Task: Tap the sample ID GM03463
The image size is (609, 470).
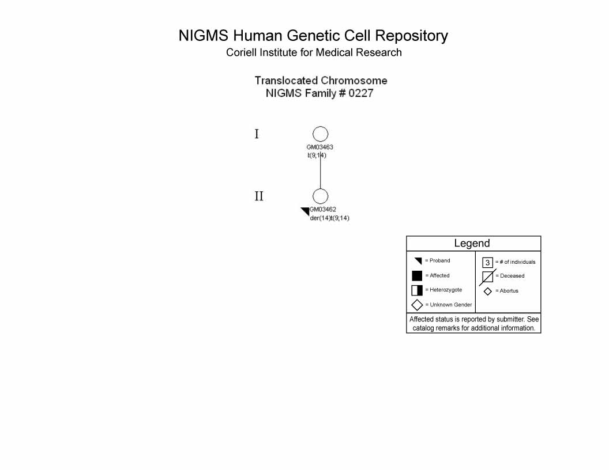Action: click(x=319, y=147)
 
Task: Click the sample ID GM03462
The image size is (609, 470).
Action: click(x=323, y=209)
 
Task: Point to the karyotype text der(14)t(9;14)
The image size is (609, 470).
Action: click(x=330, y=218)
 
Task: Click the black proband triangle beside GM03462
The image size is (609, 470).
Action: click(x=306, y=211)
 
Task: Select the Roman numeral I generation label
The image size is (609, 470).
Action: click(x=257, y=134)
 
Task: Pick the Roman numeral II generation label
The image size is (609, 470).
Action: click(x=259, y=196)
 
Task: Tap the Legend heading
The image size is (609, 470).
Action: click(x=472, y=243)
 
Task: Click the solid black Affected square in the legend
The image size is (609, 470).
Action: click(x=417, y=276)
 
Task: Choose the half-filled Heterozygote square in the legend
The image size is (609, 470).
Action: click(x=417, y=290)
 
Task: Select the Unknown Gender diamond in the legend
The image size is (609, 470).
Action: click(x=417, y=305)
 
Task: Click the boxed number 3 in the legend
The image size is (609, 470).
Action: click(x=487, y=263)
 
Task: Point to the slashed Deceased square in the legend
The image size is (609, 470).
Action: click(x=487, y=277)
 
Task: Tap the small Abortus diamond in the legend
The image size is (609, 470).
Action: click(x=488, y=291)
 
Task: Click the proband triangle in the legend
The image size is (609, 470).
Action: click(x=418, y=260)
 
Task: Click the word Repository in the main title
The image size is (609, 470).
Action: click(x=411, y=36)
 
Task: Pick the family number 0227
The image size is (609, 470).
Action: click(x=361, y=93)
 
